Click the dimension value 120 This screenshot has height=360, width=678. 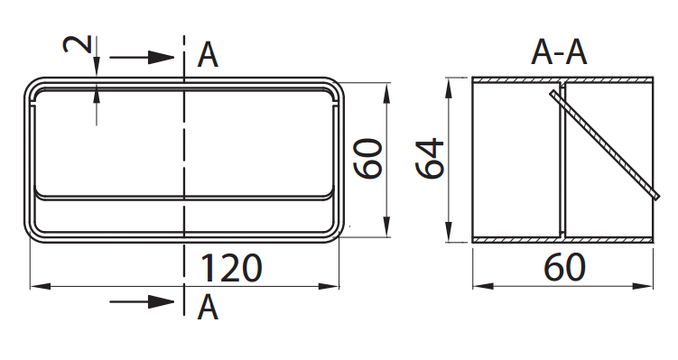pyautogui.click(x=231, y=268)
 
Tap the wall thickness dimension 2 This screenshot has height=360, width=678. pyautogui.click(x=79, y=44)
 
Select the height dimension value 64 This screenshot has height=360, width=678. pyautogui.click(x=430, y=158)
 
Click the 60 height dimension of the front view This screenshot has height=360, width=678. pyautogui.click(x=368, y=158)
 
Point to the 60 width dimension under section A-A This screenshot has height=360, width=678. pyautogui.click(x=564, y=267)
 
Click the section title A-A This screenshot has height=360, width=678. pyautogui.click(x=559, y=52)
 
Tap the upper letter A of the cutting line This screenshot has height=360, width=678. pyautogui.click(x=208, y=56)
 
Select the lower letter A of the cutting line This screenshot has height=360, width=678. pyautogui.click(x=208, y=308)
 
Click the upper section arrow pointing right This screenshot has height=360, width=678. pyautogui.click(x=142, y=57)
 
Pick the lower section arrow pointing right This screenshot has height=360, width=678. pyautogui.click(x=142, y=301)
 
